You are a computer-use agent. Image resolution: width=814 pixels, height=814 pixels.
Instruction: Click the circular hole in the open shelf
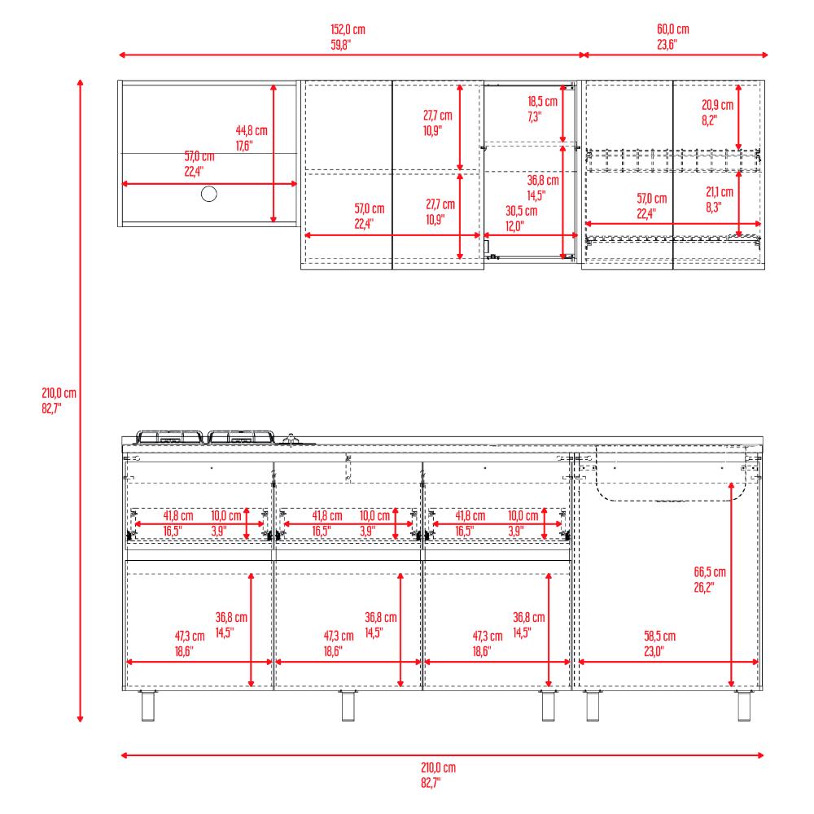coord(208,195)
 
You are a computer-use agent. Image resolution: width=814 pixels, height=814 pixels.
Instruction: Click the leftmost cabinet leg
coord(148,706)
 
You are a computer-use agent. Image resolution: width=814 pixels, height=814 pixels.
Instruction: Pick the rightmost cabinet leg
coord(744,706)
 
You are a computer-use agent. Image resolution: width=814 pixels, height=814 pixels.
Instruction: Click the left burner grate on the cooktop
coord(170,437)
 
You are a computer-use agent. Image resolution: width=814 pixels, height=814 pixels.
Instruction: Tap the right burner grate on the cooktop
coord(240,437)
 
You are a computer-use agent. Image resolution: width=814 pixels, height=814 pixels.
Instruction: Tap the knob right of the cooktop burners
coord(291,440)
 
